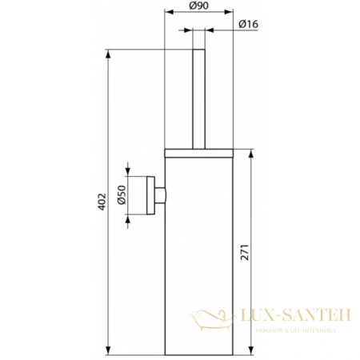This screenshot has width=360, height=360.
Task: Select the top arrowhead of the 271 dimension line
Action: coord(251,150)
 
